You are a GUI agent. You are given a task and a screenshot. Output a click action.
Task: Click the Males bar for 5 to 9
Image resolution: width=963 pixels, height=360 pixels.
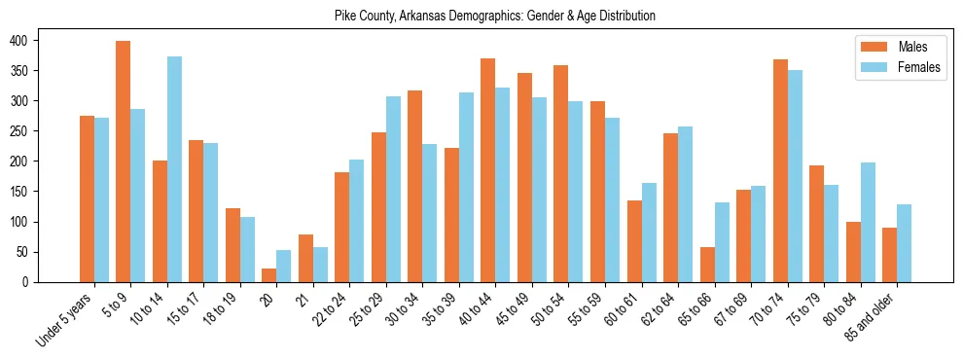point(124,162)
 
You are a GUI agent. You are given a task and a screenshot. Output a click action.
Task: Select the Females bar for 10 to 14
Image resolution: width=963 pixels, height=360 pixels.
point(174,169)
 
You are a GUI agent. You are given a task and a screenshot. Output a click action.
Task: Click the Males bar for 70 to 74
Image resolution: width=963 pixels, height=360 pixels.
point(780,171)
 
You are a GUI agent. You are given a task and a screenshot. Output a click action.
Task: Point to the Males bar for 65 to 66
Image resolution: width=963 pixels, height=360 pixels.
point(707,265)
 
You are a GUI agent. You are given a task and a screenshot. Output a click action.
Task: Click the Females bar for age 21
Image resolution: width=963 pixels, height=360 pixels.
point(320,265)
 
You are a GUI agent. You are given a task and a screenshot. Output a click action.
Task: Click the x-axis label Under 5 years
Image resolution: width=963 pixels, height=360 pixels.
point(65,319)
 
